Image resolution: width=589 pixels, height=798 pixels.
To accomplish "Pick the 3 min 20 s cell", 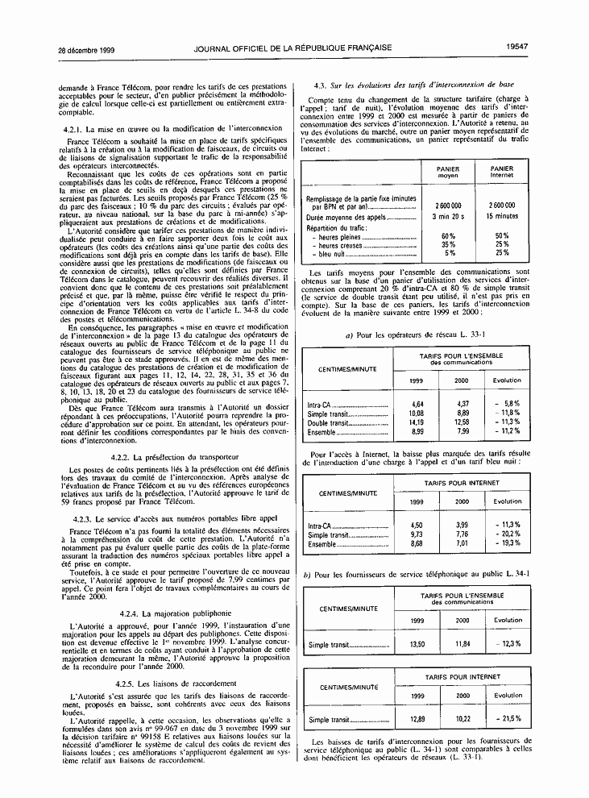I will pos(448,216).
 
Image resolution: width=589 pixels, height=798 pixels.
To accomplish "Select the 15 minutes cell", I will pos(502,216).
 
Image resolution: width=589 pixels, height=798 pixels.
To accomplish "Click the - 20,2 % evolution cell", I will pos(508,534).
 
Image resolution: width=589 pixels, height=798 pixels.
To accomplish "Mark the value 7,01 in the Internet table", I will pos(462,543).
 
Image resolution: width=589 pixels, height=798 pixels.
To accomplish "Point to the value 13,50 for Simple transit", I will pos(417,644).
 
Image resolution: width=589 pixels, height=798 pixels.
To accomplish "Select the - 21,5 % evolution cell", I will pos(508,719).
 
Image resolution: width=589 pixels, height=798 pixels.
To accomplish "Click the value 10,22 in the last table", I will pos(462,719).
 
